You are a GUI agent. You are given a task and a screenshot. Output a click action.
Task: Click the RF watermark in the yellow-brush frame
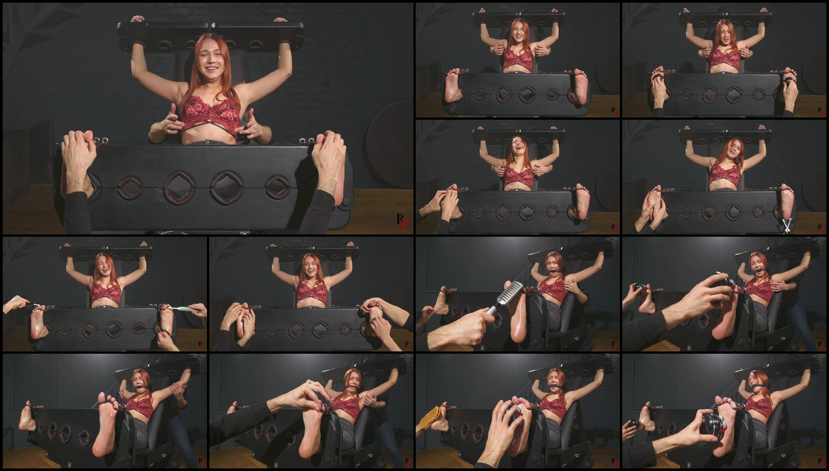[x=614, y=461]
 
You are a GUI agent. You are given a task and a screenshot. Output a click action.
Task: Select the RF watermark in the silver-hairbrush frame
[x=614, y=345]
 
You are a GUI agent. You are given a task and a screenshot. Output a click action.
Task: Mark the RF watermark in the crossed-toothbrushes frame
[x=821, y=227]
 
